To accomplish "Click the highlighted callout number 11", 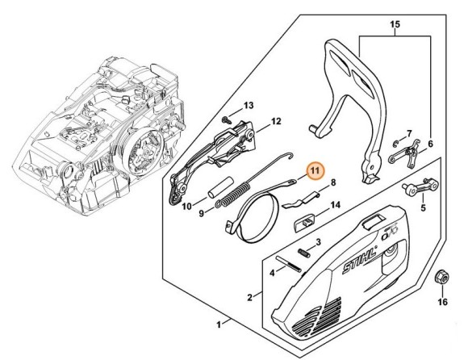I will pos(315,171).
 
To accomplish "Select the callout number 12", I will pos(275,122).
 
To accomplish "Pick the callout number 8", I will pos(332,183).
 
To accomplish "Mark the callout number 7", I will pos(409,132).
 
